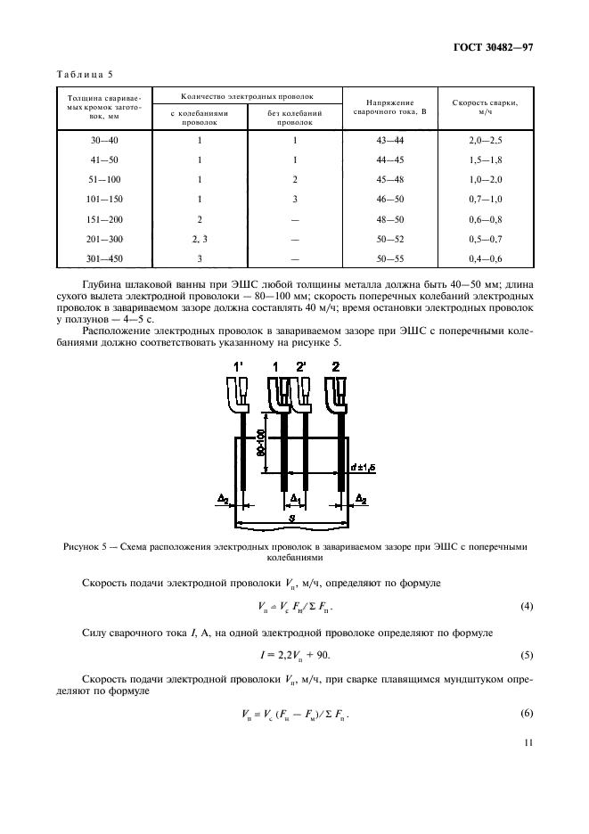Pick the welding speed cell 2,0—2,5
(485, 141)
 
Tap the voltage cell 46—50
(389, 199)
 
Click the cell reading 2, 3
(200, 238)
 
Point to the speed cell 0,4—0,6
(485, 258)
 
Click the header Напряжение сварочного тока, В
(389, 109)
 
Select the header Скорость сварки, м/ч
(485, 109)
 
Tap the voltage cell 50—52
(389, 238)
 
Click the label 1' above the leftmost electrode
(239, 367)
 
